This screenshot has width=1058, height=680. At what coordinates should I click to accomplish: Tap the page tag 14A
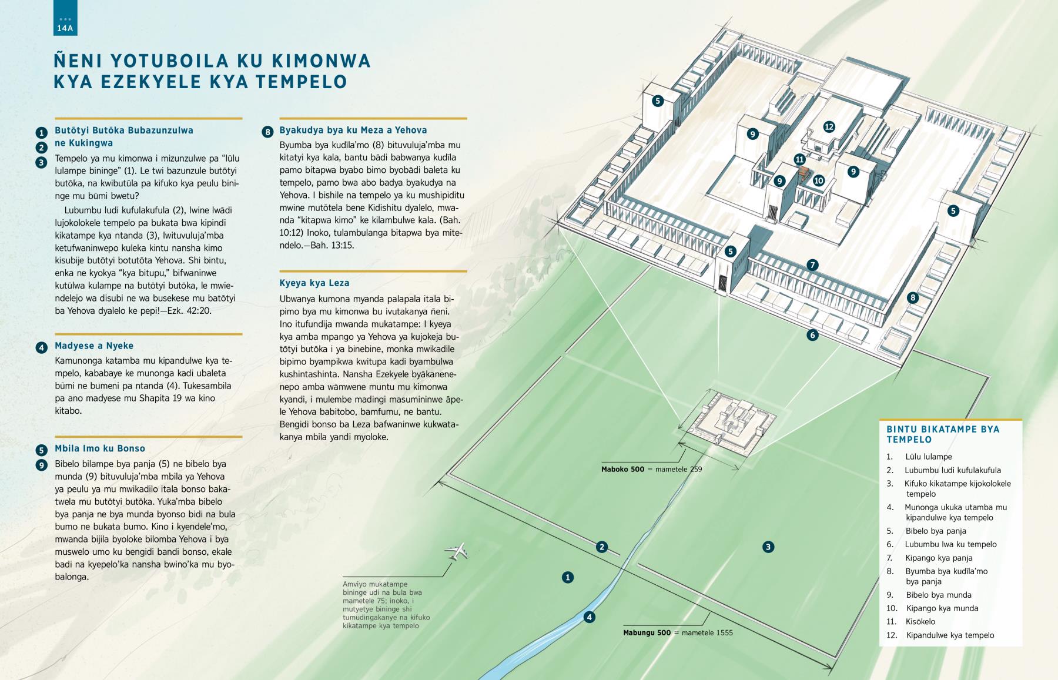(65, 28)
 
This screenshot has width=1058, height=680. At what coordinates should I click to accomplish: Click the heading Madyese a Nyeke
(94, 346)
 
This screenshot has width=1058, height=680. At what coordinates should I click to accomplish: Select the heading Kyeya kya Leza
(314, 283)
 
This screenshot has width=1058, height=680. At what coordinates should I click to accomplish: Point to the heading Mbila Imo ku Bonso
(100, 448)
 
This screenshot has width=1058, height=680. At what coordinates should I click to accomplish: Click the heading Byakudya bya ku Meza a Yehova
(353, 130)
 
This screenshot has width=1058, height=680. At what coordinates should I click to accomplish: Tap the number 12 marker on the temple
(829, 126)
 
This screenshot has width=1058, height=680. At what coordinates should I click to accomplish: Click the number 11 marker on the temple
(799, 159)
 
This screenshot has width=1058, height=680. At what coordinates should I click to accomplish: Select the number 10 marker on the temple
(819, 180)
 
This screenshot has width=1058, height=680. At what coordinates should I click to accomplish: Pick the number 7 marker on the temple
(812, 265)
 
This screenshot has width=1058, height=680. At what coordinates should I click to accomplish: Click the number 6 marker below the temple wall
(812, 336)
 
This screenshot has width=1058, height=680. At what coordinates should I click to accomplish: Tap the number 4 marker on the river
(589, 617)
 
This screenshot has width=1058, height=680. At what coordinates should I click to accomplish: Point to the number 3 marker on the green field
(768, 547)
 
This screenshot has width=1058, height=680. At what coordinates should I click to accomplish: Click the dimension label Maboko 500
(622, 470)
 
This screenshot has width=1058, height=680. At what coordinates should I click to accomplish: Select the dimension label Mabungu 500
(647, 633)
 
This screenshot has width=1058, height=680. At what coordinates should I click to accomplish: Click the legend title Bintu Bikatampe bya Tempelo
(943, 434)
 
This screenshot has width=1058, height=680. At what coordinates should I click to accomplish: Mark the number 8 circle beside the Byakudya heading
(267, 132)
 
